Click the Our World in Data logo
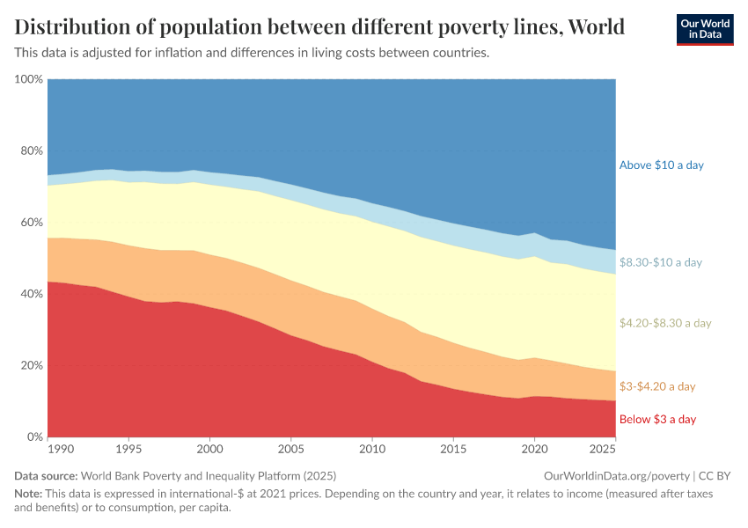[x=705, y=29]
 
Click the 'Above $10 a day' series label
[x=661, y=165]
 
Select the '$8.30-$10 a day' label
[x=661, y=262]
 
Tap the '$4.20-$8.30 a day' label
[x=664, y=323]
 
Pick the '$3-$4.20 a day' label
[x=657, y=386]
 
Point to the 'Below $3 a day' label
[x=657, y=419]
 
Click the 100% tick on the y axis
[x=29, y=79]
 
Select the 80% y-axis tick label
[x=31, y=150]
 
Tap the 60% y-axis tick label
[x=31, y=223]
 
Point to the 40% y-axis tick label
[x=31, y=294]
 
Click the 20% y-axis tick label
[x=31, y=365]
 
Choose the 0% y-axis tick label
[x=34, y=436]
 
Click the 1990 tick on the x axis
[x=61, y=449]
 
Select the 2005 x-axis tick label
[x=291, y=449]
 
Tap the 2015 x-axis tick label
[x=453, y=449]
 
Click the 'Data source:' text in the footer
[x=45, y=475]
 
